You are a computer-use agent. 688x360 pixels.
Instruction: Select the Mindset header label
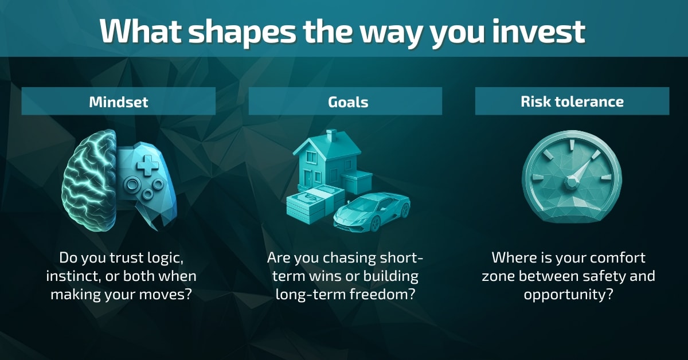[x=119, y=101]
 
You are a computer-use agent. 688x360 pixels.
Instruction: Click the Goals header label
[x=345, y=101]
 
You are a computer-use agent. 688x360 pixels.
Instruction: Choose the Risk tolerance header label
[x=572, y=101]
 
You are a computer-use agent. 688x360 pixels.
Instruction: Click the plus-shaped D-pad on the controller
[x=150, y=166]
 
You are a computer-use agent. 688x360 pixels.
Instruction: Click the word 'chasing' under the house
[x=341, y=258]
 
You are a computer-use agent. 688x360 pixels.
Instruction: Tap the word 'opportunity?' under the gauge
[x=572, y=295]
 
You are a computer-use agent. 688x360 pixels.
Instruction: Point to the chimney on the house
[x=331, y=136]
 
